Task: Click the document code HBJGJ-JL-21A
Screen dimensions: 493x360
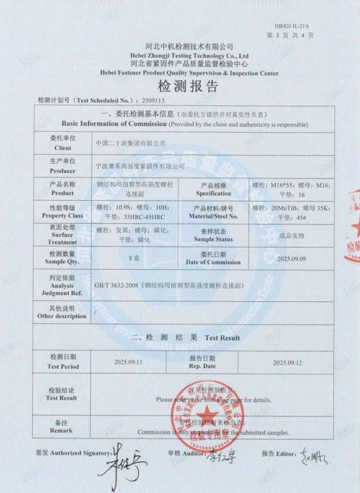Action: [292, 27]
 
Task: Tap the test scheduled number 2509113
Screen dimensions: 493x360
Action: [151, 101]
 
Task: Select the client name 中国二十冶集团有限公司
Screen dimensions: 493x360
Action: [131, 143]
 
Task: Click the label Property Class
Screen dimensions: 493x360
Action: [62, 216]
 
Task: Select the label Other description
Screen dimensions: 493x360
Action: [62, 316]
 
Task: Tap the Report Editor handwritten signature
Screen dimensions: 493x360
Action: [314, 457]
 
